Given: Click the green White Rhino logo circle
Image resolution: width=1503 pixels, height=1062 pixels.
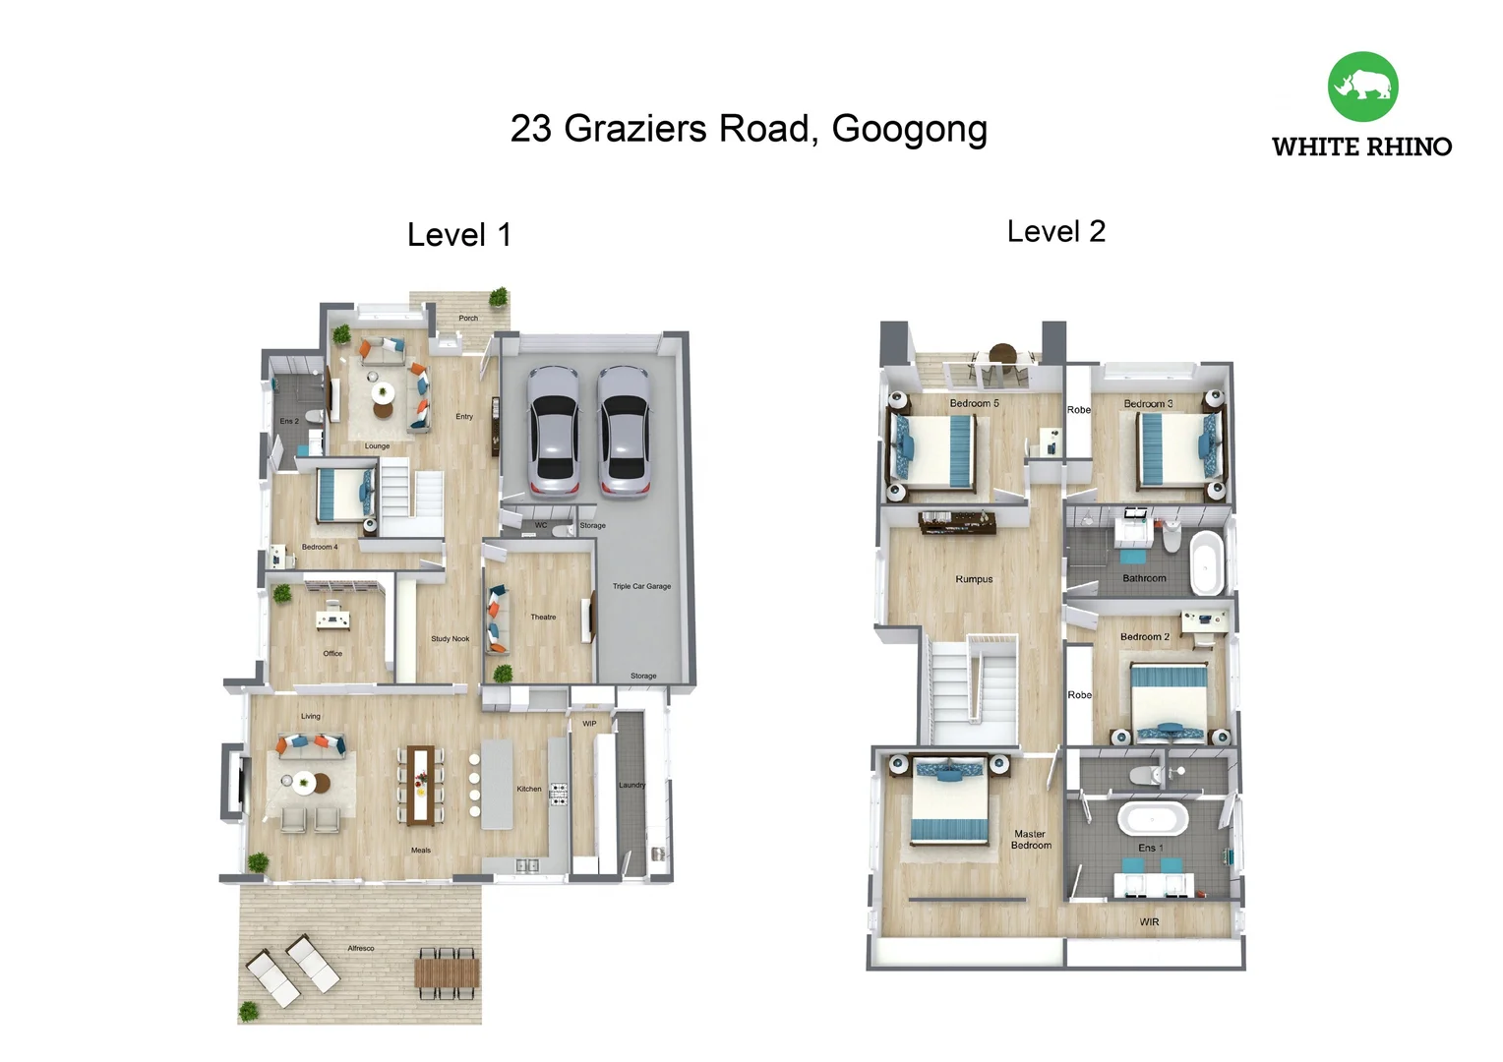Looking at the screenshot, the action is coord(1362,87).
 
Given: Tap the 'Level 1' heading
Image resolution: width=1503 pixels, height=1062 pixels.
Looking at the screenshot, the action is coord(459,235).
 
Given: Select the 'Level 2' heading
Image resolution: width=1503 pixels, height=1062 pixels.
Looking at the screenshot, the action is coord(1056,231).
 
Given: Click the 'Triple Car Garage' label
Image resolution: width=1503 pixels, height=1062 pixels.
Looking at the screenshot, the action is coord(641,586).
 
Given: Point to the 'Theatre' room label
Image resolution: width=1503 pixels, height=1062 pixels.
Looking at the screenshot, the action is coord(544,618).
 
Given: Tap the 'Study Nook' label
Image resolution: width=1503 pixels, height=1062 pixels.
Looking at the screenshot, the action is coord(451,639).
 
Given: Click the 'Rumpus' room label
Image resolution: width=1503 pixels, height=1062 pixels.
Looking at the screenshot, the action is coord(974,579).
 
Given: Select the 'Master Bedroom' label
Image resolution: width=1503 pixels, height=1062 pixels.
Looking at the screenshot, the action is coord(1031,840).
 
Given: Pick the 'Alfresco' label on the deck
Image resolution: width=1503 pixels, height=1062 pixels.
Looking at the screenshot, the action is coord(361,949).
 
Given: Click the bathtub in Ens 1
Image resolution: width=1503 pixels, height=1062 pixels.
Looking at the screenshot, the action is coord(1153,820).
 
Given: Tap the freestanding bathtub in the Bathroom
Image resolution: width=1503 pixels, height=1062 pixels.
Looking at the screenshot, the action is coord(1206,562).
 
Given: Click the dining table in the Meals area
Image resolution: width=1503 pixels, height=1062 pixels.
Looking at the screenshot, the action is coord(421,785).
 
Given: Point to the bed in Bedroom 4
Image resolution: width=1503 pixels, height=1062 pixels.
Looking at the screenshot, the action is coord(345,495).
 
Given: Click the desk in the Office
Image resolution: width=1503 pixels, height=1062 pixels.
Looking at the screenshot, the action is coord(332,619).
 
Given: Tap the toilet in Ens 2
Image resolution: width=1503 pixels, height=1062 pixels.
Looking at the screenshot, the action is coord(314,417).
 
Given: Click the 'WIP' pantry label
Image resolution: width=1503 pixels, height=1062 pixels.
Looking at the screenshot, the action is coord(589,724).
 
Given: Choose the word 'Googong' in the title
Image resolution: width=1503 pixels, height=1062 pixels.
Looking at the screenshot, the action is coord(910,130).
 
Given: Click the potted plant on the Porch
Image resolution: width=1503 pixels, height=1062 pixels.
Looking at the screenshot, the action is coord(499,297).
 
